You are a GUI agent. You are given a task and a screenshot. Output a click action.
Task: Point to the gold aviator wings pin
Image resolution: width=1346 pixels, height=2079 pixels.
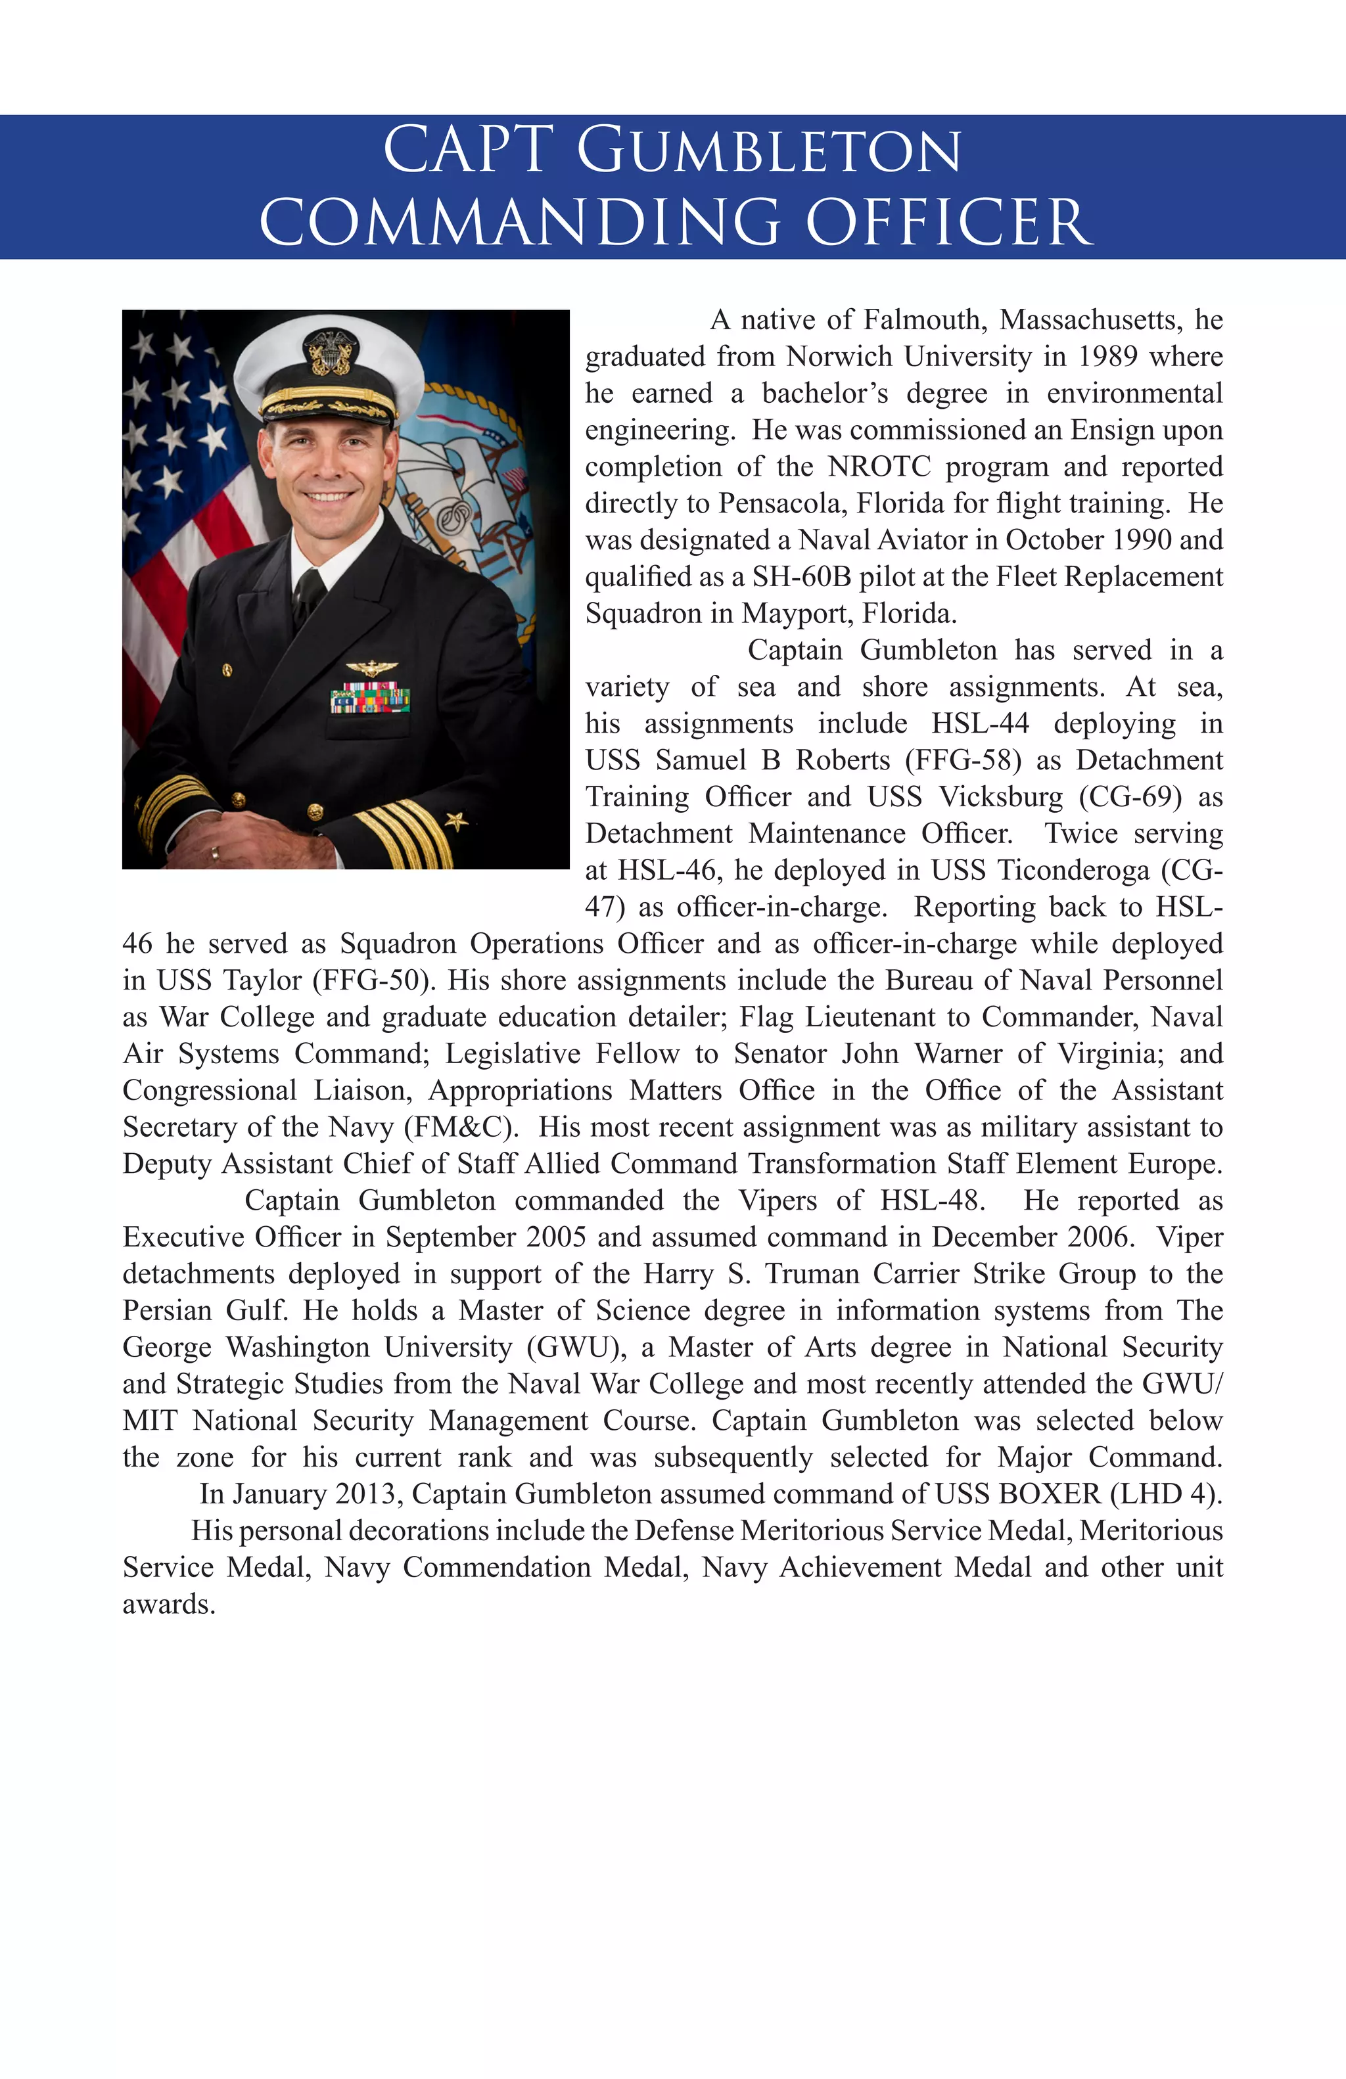tap(371, 668)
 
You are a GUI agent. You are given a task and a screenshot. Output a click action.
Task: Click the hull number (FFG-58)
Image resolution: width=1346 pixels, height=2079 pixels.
tap(963, 760)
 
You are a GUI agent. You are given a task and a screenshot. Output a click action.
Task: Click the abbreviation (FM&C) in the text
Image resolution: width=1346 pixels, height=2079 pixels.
tap(460, 1127)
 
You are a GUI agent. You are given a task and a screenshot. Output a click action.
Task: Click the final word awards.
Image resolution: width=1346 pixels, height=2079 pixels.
tap(168, 1604)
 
